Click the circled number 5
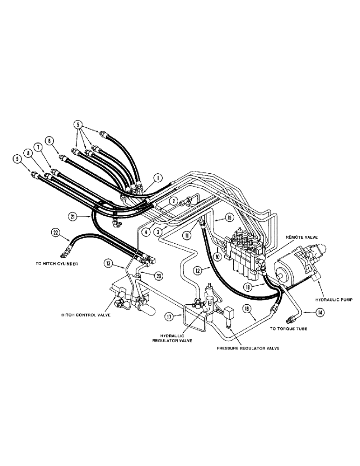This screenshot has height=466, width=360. pyautogui.click(x=78, y=124)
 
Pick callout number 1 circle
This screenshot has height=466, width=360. pyautogui.click(x=158, y=178)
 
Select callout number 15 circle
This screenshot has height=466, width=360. pyautogui.click(x=229, y=217)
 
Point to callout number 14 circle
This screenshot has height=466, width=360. pyautogui.click(x=319, y=313)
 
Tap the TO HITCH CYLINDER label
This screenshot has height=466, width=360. pyautogui.click(x=55, y=263)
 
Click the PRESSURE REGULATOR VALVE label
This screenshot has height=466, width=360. pyautogui.click(x=248, y=349)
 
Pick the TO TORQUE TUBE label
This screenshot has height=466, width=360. pyautogui.click(x=289, y=328)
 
